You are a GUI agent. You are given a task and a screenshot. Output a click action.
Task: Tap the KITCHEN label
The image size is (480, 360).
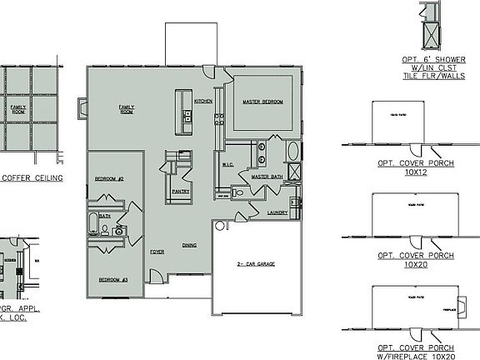point(203,101)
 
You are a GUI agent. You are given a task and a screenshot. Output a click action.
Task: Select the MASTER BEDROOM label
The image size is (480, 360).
point(262,102)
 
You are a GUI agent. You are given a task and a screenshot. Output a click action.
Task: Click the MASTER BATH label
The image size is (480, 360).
point(267,176)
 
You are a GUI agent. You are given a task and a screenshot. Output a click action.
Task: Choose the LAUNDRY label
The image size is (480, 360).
point(277,212)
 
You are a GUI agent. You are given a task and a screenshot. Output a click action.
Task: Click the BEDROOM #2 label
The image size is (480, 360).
point(109,179)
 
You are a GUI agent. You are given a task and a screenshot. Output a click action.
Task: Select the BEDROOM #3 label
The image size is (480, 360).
point(112,279)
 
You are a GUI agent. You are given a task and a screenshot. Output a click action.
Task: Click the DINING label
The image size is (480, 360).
point(189,245)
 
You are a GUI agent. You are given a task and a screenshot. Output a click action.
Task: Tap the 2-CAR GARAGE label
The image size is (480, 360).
point(256,264)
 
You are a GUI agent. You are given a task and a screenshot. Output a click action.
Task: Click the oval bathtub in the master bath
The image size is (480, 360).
point(294,153)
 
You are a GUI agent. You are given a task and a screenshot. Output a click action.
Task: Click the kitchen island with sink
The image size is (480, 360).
point(180,111)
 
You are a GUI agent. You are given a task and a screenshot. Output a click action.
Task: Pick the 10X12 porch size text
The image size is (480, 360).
point(415,173)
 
